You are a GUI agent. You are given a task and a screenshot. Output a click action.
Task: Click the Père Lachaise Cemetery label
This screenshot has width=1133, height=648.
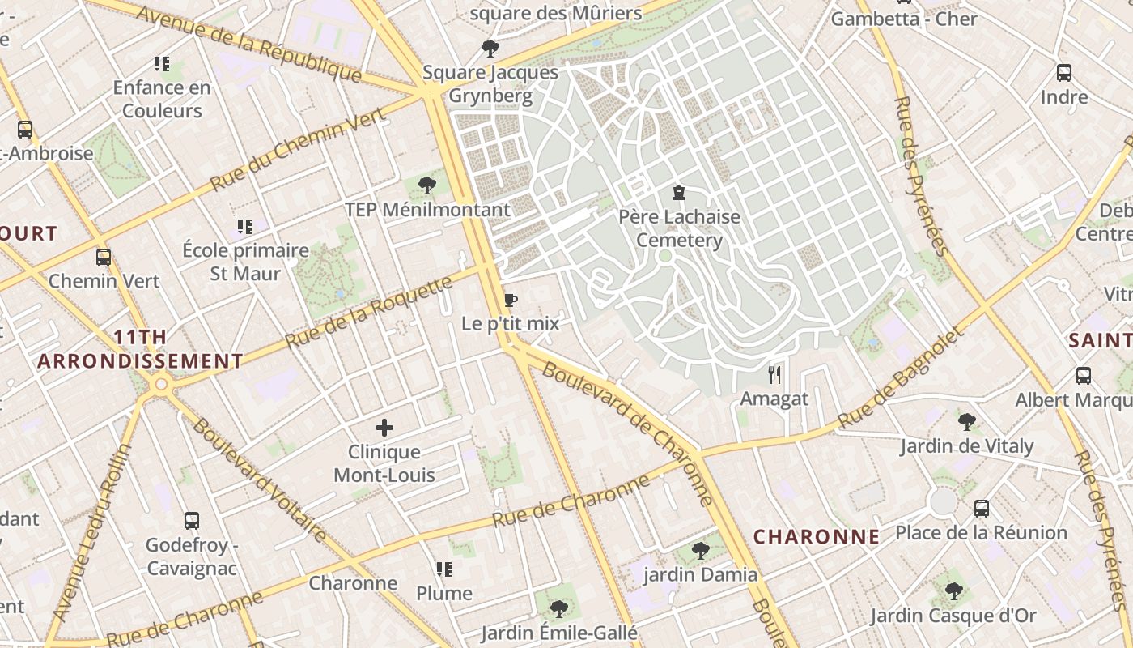pyautogui.click(x=679, y=228)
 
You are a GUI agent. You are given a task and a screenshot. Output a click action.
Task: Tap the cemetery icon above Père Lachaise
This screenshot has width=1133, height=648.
pyautogui.click(x=678, y=193)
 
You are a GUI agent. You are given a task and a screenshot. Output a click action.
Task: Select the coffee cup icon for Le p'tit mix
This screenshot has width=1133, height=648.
pyautogui.click(x=510, y=301)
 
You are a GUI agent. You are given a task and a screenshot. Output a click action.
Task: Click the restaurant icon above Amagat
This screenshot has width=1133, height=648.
pyautogui.click(x=774, y=374)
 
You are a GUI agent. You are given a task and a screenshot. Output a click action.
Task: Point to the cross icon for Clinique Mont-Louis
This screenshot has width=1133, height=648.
pyautogui.click(x=384, y=427)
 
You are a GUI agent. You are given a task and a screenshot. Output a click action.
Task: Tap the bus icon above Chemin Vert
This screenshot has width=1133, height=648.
pyautogui.click(x=104, y=258)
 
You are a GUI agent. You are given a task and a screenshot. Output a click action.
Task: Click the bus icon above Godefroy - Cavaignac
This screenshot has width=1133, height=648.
pyautogui.click(x=192, y=521)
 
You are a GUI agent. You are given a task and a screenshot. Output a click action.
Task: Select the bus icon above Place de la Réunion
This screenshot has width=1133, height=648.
pyautogui.click(x=981, y=509)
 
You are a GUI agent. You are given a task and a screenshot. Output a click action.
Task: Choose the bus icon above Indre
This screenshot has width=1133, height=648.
pyautogui.click(x=1064, y=73)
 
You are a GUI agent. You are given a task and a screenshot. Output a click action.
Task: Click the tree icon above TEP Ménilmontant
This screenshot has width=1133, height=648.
pyautogui.click(x=427, y=186)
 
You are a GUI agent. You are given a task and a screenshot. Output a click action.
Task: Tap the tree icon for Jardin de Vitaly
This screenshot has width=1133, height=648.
pyautogui.click(x=966, y=421)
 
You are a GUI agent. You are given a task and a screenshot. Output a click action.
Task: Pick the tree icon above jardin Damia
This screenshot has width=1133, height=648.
pyautogui.click(x=701, y=551)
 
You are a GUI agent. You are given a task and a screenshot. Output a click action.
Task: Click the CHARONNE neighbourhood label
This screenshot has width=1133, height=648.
pyautogui.click(x=817, y=536)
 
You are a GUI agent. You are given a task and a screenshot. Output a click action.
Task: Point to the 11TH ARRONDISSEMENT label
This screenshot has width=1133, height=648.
pyautogui.click(x=140, y=349)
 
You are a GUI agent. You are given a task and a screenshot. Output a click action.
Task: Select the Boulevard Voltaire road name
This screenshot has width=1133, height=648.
pyautogui.click(x=258, y=480)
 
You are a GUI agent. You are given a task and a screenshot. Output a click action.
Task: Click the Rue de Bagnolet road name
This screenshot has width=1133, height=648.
pyautogui.click(x=902, y=378)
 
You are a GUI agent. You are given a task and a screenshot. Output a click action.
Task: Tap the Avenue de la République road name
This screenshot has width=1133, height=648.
pyautogui.click(x=248, y=44)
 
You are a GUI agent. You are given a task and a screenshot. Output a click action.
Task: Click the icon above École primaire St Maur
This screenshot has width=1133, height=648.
pyautogui.click(x=245, y=227)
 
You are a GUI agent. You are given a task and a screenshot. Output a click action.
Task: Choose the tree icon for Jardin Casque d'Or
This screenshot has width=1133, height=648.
pyautogui.click(x=953, y=590)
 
